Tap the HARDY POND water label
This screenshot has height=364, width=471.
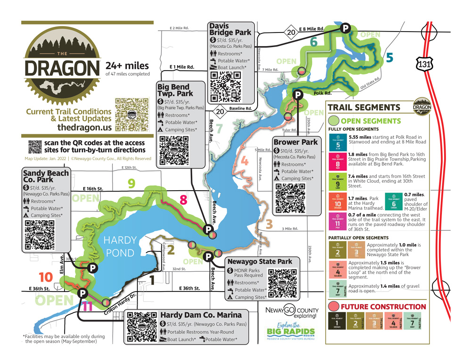point(120,246)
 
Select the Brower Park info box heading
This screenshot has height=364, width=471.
point(295,142)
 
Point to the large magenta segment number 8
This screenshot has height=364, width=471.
point(184,200)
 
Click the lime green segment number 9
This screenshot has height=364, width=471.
point(132,183)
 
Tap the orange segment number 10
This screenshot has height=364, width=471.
point(46,278)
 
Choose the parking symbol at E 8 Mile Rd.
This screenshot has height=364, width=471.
point(346,29)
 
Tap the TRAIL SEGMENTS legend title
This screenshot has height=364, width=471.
point(364,107)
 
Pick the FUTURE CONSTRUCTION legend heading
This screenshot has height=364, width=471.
point(383,307)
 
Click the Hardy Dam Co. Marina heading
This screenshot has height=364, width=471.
point(201,315)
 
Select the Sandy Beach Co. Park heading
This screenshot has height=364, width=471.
point(46,177)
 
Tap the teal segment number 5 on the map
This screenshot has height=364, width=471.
point(389,57)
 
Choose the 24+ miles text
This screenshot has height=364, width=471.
point(127,66)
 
